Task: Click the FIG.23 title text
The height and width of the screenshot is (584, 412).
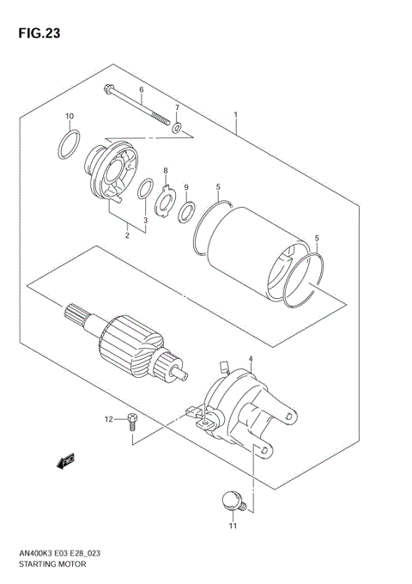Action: tap(37, 34)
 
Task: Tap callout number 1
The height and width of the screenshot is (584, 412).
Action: tap(234, 115)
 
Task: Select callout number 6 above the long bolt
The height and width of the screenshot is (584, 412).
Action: tap(142, 90)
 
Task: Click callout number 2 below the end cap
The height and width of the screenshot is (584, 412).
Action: tap(127, 234)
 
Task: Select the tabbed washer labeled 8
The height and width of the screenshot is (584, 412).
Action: tap(165, 202)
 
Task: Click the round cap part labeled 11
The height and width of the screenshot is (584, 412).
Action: tap(230, 499)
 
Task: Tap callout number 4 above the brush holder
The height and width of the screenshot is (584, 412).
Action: tap(250, 359)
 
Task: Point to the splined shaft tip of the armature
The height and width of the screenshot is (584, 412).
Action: tap(72, 315)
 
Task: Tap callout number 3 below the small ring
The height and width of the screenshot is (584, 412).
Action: tap(145, 221)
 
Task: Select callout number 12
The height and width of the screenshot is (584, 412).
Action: tap(109, 419)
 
